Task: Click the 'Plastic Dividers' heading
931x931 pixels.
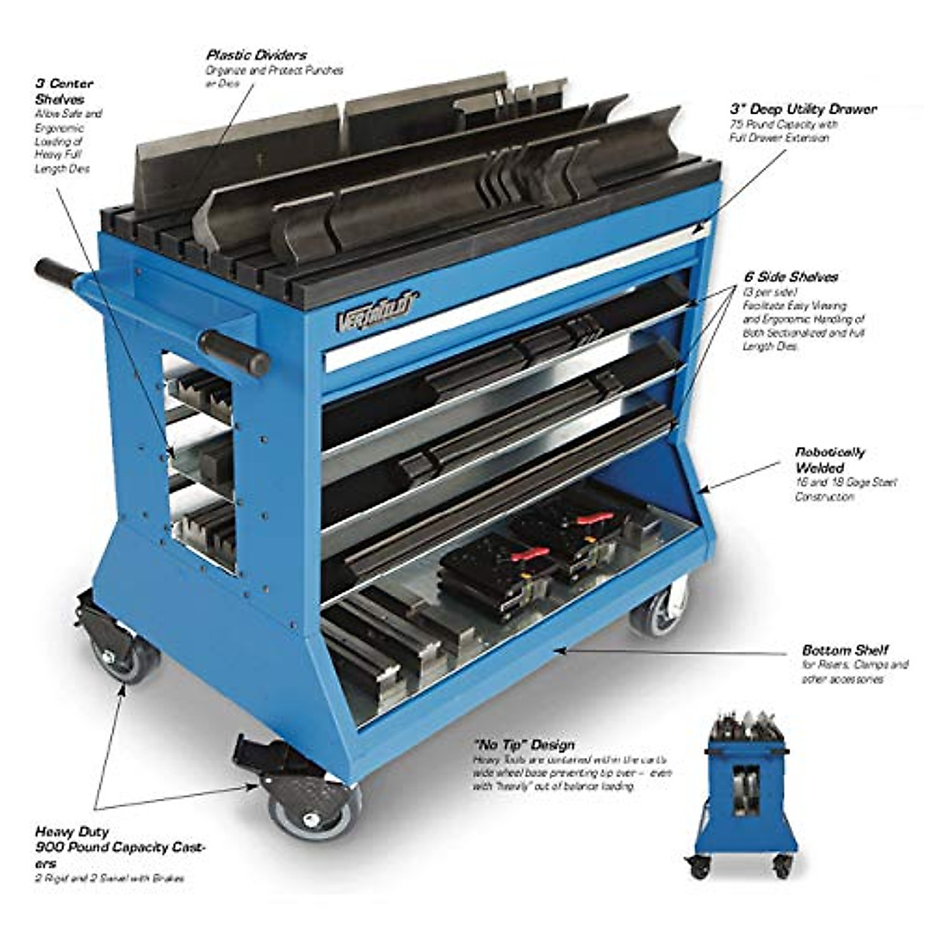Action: point(256,55)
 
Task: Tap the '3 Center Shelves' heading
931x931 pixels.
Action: point(64,91)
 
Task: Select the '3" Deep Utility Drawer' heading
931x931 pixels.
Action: point(802,109)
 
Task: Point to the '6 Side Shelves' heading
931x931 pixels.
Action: point(790,277)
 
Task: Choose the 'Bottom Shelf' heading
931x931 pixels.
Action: point(845,650)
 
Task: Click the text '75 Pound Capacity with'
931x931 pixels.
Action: point(783,124)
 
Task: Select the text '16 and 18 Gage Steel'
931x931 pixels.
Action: point(846,483)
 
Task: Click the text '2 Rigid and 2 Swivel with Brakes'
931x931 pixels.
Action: point(109,878)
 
